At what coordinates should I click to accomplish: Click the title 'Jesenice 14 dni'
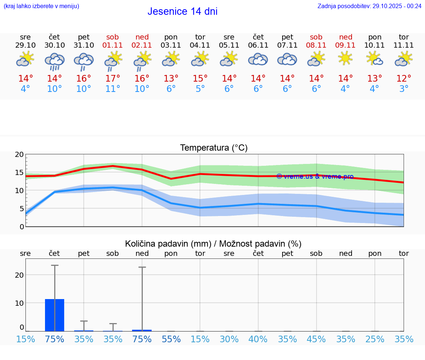click(182, 11)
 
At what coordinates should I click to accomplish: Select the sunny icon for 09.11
click(345, 58)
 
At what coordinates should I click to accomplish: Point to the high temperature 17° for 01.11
click(113, 79)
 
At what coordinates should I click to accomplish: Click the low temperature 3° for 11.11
click(404, 89)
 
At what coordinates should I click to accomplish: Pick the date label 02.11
click(142, 45)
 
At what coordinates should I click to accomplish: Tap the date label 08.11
click(316, 45)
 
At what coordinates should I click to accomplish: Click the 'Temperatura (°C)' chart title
click(214, 148)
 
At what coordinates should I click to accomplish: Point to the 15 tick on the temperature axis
click(20, 172)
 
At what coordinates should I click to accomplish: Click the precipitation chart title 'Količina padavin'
click(213, 244)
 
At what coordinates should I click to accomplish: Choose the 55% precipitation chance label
click(171, 339)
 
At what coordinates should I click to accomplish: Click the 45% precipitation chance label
click(316, 339)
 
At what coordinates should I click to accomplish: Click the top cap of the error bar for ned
click(142, 267)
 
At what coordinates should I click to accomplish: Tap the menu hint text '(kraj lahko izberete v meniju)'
click(41, 6)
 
